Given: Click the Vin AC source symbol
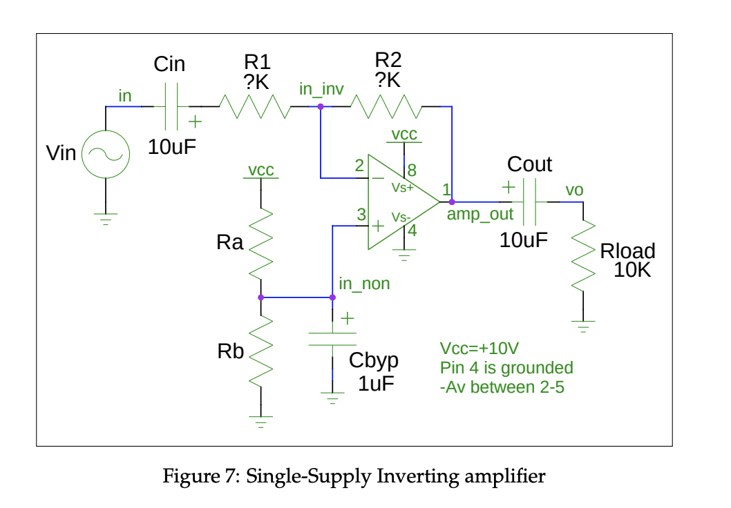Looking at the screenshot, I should tap(106, 154).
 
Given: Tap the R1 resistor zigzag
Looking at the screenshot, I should tap(254, 107).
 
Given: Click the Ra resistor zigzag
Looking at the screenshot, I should tap(260, 242).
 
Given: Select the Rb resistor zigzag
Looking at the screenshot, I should tap(260, 351).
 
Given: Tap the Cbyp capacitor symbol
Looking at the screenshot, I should tap(332, 339).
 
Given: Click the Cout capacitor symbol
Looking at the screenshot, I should tap(530, 202).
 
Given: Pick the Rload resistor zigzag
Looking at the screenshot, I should tap(583, 255).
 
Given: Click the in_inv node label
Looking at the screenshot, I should tap(321, 90).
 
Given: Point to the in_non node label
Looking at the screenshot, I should tap(364, 284).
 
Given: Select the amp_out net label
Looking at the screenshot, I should tap(480, 215).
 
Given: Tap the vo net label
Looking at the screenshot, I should tap(574, 190).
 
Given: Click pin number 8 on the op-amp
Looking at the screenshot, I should tap(412, 168).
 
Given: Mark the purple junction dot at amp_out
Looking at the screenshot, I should tap(451, 202).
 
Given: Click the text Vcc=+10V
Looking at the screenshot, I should tap(480, 349).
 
